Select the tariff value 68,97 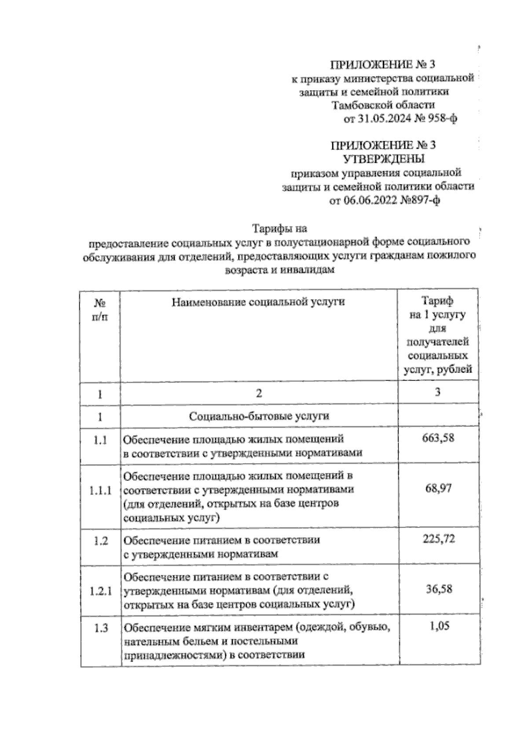pyautogui.click(x=437, y=488)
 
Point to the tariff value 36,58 pyautogui.click(x=438, y=589)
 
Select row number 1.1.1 pyautogui.click(x=101, y=491)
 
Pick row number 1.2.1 pyautogui.click(x=101, y=592)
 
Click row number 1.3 pyautogui.click(x=101, y=629)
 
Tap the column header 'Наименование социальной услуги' pyautogui.click(x=258, y=302)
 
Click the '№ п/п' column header pyautogui.click(x=100, y=310)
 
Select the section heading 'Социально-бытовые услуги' pyautogui.click(x=259, y=416)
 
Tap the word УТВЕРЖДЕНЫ pyautogui.click(x=384, y=158)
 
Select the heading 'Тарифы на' pyautogui.click(x=279, y=229)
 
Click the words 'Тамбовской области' pyautogui.click(x=383, y=106)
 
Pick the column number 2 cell pyautogui.click(x=259, y=393)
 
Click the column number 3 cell pyautogui.click(x=437, y=392)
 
